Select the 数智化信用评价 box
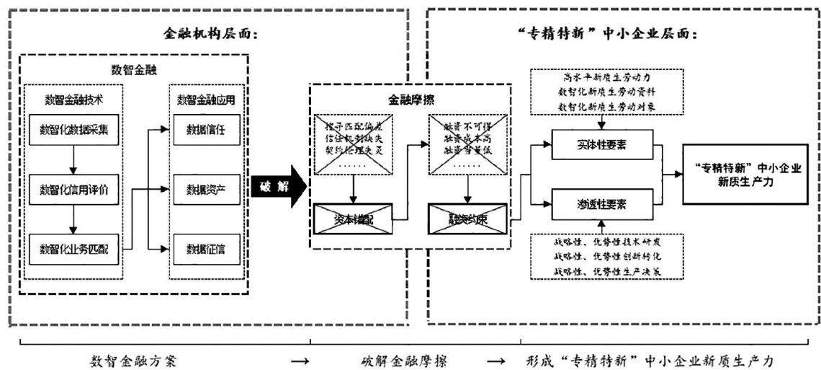74,190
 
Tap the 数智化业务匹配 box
74,250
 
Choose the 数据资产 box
205,190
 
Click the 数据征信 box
205,250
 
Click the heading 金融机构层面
209,34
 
